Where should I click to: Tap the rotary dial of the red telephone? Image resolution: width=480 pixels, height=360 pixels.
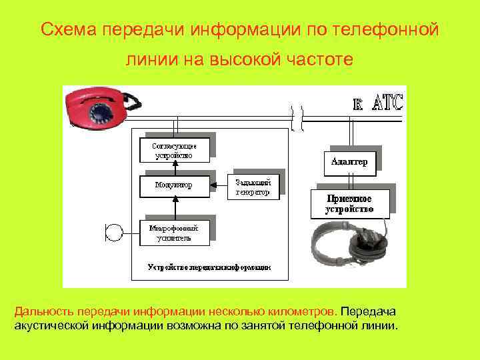click(x=100, y=113)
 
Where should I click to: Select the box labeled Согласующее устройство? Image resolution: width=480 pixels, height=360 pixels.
click(x=174, y=149)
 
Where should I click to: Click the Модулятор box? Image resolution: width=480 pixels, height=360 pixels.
click(x=174, y=185)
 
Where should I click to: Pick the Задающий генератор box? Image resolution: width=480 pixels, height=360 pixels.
click(x=253, y=186)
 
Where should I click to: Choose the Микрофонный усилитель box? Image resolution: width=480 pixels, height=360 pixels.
click(x=174, y=232)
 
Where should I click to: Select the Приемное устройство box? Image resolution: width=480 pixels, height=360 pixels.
click(x=349, y=203)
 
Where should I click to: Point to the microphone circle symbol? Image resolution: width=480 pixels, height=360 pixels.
click(x=115, y=233)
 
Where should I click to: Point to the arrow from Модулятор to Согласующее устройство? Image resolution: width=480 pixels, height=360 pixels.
click(x=174, y=167)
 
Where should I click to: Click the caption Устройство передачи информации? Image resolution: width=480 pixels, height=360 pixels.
click(x=209, y=267)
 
